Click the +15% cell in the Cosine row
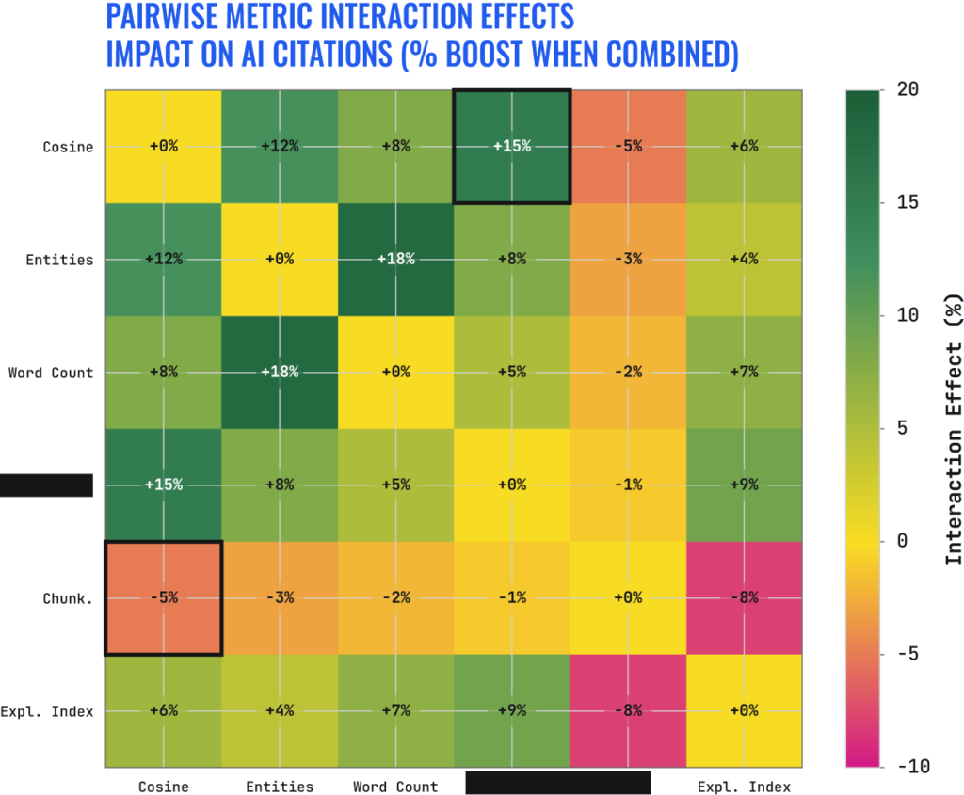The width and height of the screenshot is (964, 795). pyautogui.click(x=511, y=146)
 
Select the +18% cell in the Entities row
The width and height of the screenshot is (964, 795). pyautogui.click(x=394, y=259)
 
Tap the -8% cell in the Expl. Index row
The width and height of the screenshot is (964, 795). pyautogui.click(x=628, y=710)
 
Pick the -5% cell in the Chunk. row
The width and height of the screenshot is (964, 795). pyautogui.click(x=163, y=597)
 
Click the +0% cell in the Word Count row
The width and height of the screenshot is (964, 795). pyautogui.click(x=394, y=372)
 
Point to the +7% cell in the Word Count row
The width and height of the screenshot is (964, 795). pyautogui.click(x=744, y=372)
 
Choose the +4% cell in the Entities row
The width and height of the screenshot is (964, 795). pyautogui.click(x=744, y=259)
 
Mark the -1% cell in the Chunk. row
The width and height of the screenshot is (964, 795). pyautogui.click(x=511, y=597)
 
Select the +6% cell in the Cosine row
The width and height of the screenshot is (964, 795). pyautogui.click(x=744, y=146)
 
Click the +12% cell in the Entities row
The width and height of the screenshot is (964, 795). pyautogui.click(x=163, y=259)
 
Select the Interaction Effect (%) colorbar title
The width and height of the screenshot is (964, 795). pyautogui.click(x=954, y=428)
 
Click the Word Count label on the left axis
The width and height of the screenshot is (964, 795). pyautogui.click(x=51, y=373)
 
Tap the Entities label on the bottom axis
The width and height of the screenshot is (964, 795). pyautogui.click(x=280, y=787)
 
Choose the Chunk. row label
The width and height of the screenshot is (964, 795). pyautogui.click(x=67, y=598)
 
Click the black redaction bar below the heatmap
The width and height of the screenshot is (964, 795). pyautogui.click(x=558, y=783)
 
